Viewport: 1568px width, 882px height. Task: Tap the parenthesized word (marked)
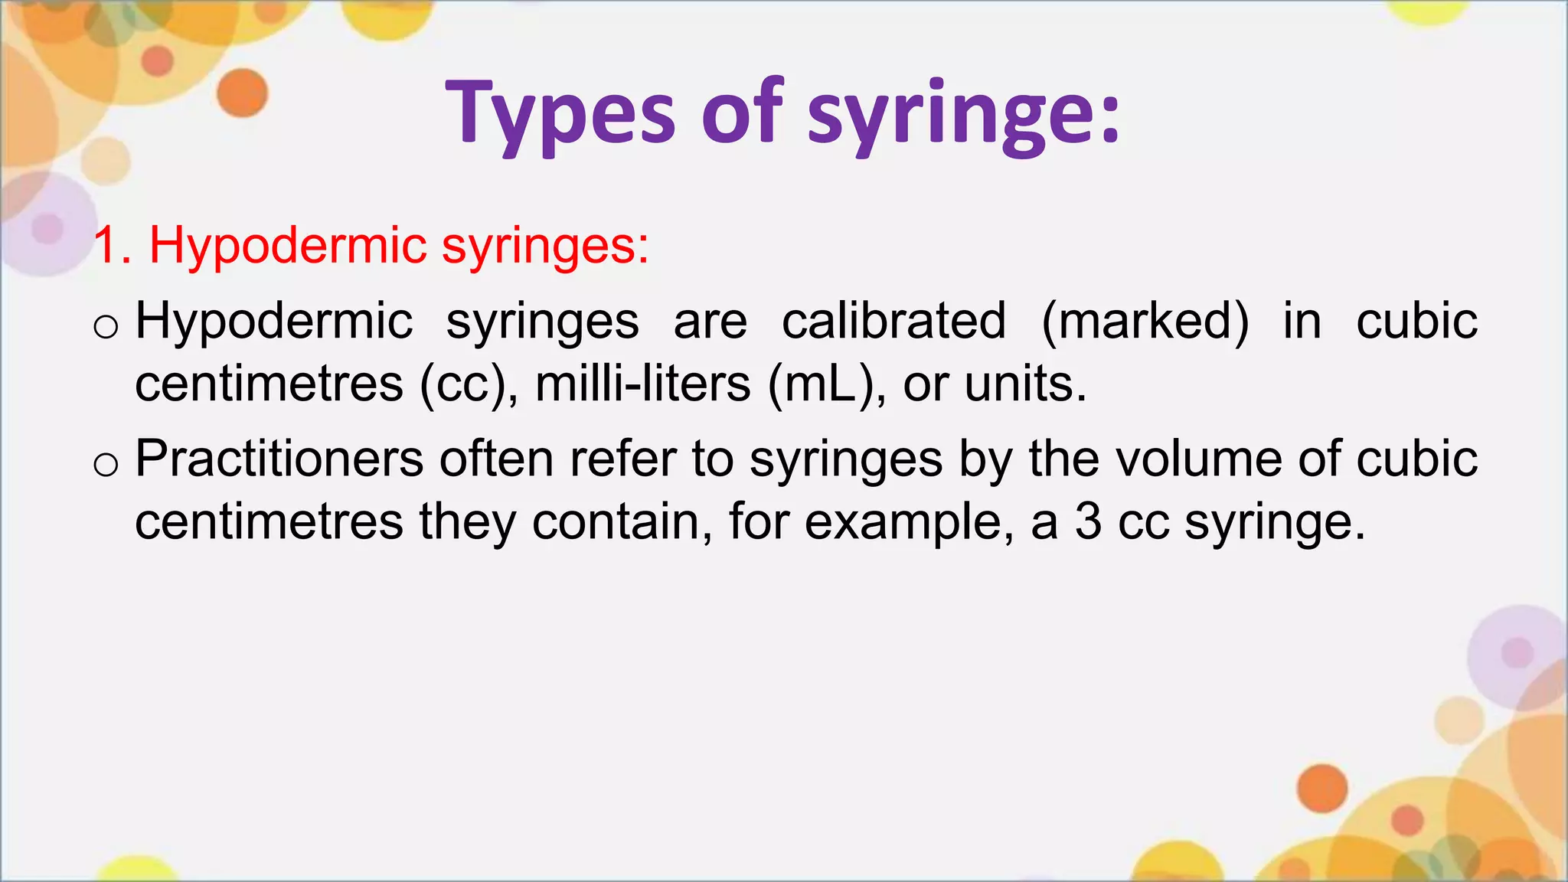click(1145, 322)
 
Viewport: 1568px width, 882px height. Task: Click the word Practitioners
click(279, 459)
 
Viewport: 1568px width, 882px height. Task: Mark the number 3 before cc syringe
click(1088, 522)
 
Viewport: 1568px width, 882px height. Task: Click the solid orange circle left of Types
click(242, 93)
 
